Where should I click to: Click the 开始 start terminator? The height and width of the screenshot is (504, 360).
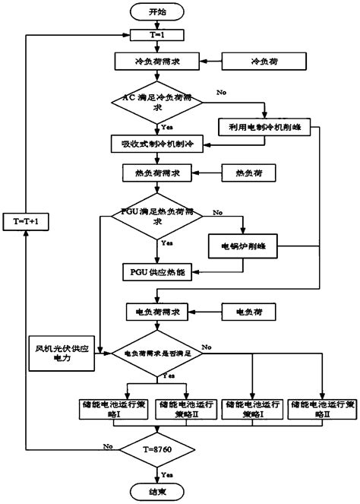(x=157, y=12)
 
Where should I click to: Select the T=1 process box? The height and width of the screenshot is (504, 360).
(x=157, y=35)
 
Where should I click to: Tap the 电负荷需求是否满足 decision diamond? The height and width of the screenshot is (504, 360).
(x=157, y=353)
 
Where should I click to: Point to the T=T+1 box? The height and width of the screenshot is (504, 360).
(x=27, y=220)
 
